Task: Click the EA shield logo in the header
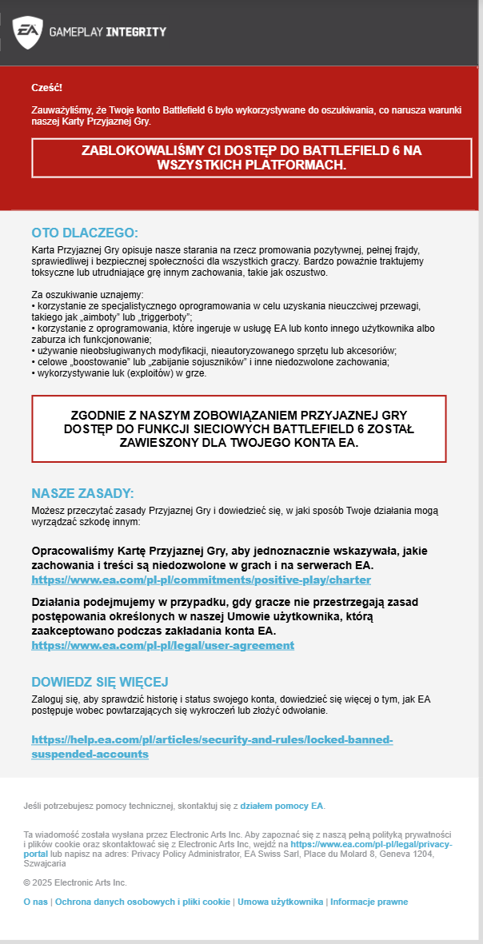[x=27, y=32]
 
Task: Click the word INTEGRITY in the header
[x=137, y=32]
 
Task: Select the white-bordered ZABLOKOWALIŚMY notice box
[x=241, y=157]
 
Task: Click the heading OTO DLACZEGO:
[x=85, y=233]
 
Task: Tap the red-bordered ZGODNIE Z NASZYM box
[x=239, y=428]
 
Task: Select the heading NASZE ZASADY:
[x=82, y=493]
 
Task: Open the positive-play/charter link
[x=201, y=580]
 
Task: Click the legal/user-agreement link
[x=162, y=645]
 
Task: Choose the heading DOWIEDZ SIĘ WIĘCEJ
[x=99, y=682]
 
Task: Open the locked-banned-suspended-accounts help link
[x=212, y=747]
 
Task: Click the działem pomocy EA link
[x=281, y=806]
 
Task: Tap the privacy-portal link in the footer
[x=371, y=844]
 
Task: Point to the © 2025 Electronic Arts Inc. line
[x=75, y=882]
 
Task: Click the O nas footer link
[x=35, y=902]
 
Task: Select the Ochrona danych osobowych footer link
[x=142, y=902]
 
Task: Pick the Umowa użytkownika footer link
[x=280, y=902]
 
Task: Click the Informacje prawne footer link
[x=369, y=902]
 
